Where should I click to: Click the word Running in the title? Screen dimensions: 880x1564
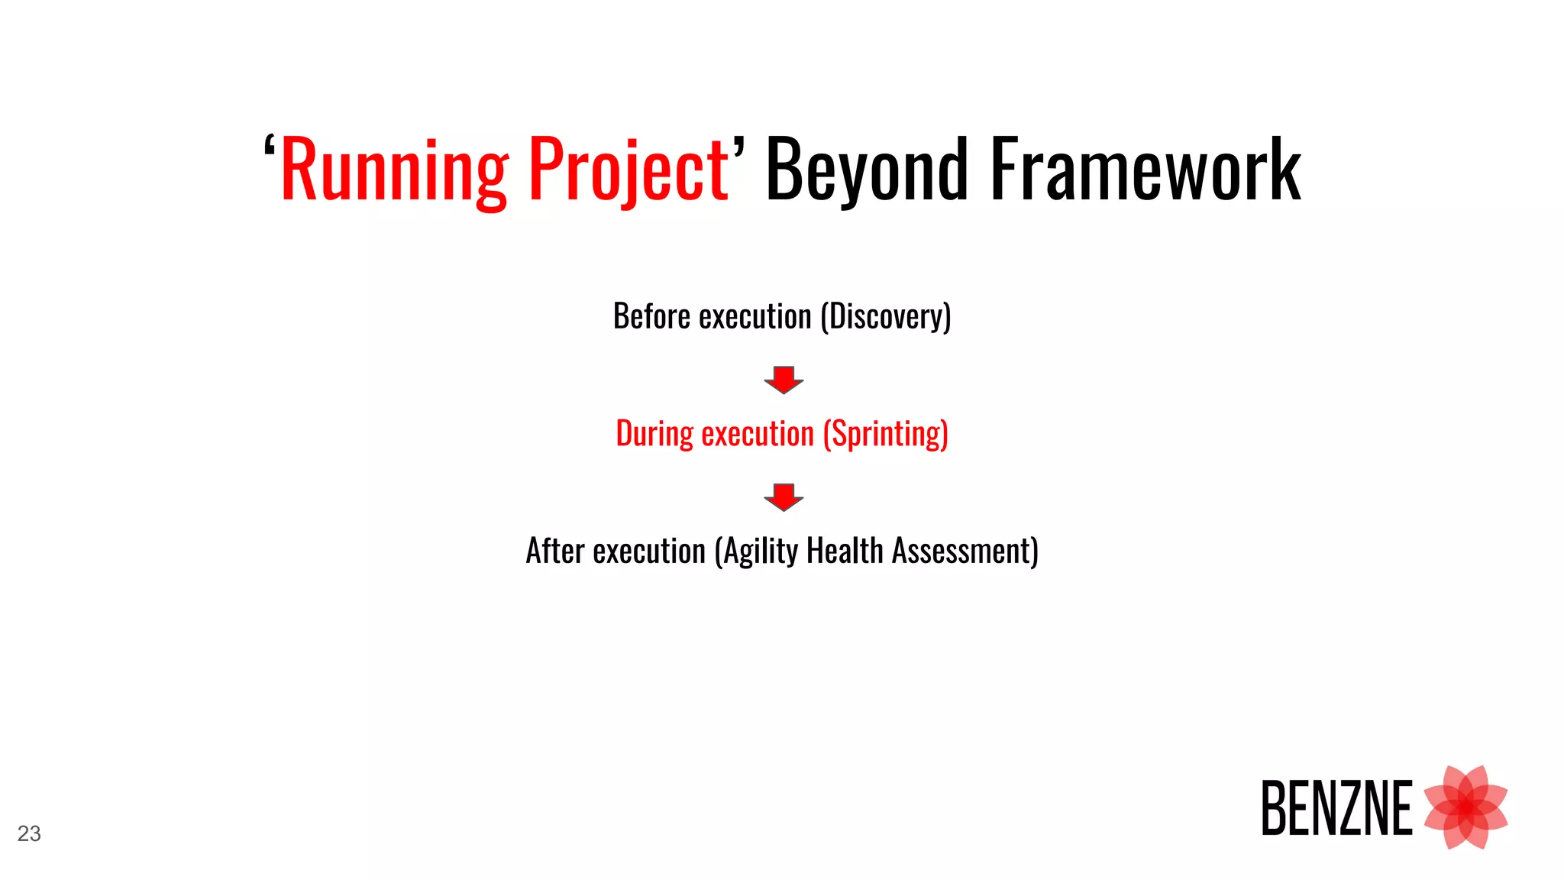click(x=394, y=170)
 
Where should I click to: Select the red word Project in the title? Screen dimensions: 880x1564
click(x=629, y=170)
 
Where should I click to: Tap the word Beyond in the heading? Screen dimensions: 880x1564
click(x=868, y=170)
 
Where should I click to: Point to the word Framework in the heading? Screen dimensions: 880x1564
click(x=1146, y=170)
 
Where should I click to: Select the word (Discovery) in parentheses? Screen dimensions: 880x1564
click(x=886, y=316)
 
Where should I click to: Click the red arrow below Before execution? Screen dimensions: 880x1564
click(x=784, y=380)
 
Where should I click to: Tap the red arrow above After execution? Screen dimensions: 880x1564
click(x=784, y=497)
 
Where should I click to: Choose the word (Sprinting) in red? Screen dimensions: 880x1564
click(x=886, y=434)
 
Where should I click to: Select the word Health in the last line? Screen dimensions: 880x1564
click(x=845, y=551)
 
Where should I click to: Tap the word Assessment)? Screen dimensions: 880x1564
click(x=965, y=551)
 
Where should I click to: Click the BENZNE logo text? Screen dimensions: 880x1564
click(x=1336, y=808)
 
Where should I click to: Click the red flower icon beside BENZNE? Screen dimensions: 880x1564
click(x=1465, y=807)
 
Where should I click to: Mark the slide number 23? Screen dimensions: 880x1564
click(x=29, y=833)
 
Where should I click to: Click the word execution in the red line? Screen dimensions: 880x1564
click(x=758, y=434)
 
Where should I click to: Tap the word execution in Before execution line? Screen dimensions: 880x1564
click(x=755, y=316)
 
